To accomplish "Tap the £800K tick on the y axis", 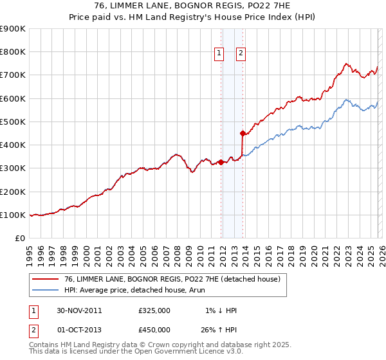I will click(13, 52).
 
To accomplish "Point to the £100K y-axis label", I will click(13, 215).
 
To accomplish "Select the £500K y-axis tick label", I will click(13, 122).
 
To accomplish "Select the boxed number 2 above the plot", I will click(241, 54).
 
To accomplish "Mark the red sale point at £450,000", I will click(243, 134).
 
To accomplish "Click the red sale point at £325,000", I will click(221, 163).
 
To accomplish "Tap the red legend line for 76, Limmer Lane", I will click(46, 280).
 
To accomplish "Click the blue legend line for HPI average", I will click(46, 291).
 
